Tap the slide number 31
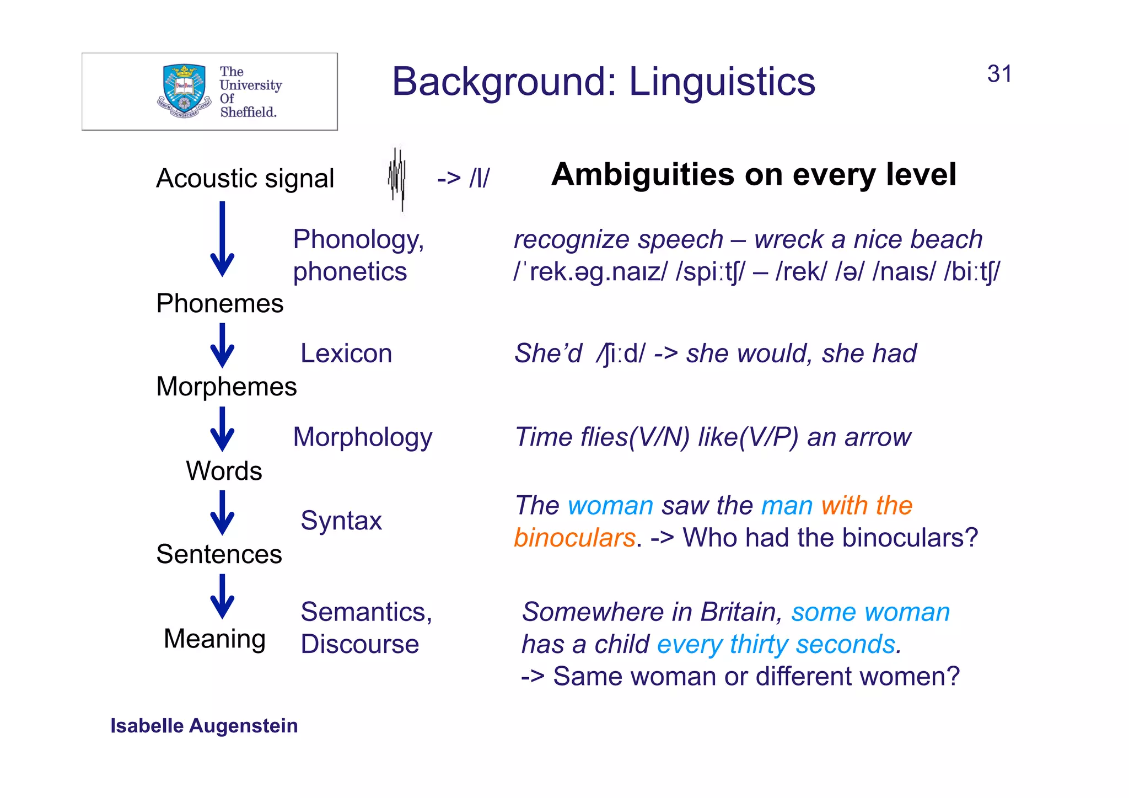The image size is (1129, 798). click(999, 74)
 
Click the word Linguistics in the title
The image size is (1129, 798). click(722, 82)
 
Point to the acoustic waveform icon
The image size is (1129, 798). click(397, 179)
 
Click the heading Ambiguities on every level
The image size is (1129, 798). click(753, 175)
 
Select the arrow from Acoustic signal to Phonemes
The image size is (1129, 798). click(222, 240)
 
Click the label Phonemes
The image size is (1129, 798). click(219, 304)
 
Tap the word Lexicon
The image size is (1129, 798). click(346, 354)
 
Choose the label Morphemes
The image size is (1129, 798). click(226, 387)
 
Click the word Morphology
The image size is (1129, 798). click(362, 437)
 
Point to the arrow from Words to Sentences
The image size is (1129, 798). click(222, 513)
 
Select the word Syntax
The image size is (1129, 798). click(341, 521)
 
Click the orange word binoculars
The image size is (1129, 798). click(574, 538)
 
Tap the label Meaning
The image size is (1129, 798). click(214, 639)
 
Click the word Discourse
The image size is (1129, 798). click(359, 644)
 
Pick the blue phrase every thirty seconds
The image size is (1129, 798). click(779, 645)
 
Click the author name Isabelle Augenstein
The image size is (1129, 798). click(204, 726)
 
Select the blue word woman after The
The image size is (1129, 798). click(610, 506)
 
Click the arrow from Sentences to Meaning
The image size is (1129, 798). click(222, 597)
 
